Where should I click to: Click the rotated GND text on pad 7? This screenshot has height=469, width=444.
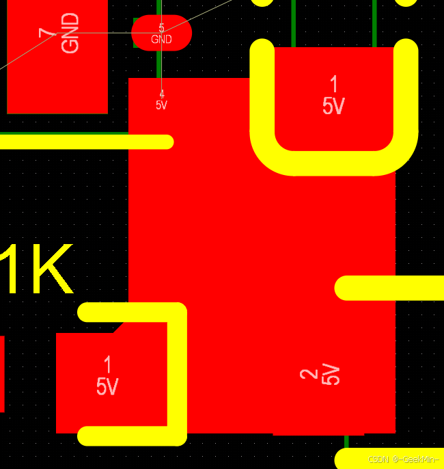tap(70, 33)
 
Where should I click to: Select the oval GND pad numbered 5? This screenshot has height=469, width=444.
tap(161, 33)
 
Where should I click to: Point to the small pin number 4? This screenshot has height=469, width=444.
tap(162, 94)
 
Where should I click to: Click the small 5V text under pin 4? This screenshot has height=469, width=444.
tap(162, 105)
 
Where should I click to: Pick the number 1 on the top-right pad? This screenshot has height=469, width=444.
tap(333, 85)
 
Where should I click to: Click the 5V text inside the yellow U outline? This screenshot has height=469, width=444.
tap(333, 106)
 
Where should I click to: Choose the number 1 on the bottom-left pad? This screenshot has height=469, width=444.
tap(107, 364)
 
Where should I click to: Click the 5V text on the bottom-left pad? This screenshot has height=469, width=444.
tap(107, 387)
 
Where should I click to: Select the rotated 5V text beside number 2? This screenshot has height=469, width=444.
tap(331, 374)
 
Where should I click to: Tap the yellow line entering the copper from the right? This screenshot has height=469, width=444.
tap(389, 288)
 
